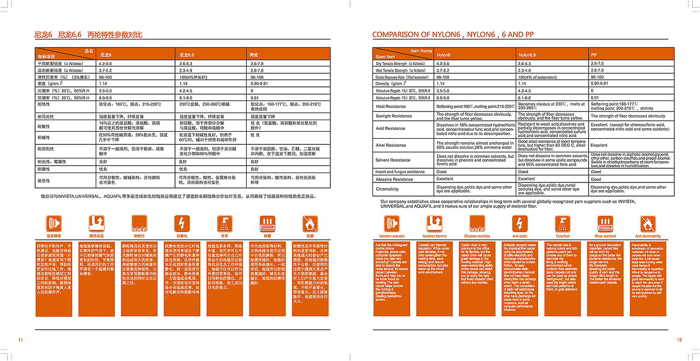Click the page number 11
tap(21, 340)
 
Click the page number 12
tap(679, 340)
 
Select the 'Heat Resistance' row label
tap(390, 106)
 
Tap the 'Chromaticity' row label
tap(387, 189)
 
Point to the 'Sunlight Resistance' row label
tap(394, 116)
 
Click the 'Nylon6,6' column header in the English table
tap(527, 55)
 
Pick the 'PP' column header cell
tap(594, 55)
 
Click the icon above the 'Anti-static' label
tap(520, 223)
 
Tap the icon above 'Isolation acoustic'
tap(392, 223)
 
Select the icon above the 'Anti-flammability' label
tap(648, 223)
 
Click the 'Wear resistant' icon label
tap(605, 236)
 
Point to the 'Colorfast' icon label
tap(563, 236)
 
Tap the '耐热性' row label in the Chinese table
tap(44, 103)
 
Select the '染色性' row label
tap(44, 180)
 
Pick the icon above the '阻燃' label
tap(310, 223)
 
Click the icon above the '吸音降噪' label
tap(54, 223)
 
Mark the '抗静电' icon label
tap(182, 236)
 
